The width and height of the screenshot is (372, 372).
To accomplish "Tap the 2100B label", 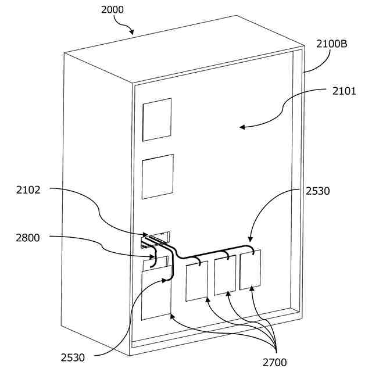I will (332, 44).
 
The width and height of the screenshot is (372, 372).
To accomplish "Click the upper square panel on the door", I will (157, 120).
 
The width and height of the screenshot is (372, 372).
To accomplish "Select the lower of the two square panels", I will (158, 177).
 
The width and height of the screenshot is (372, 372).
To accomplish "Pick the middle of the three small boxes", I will (225, 276).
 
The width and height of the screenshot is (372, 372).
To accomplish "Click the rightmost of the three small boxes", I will (251, 270).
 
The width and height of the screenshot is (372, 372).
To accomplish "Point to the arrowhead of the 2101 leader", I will (242, 127).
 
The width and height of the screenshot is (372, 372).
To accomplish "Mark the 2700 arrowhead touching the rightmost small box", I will (251, 289).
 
